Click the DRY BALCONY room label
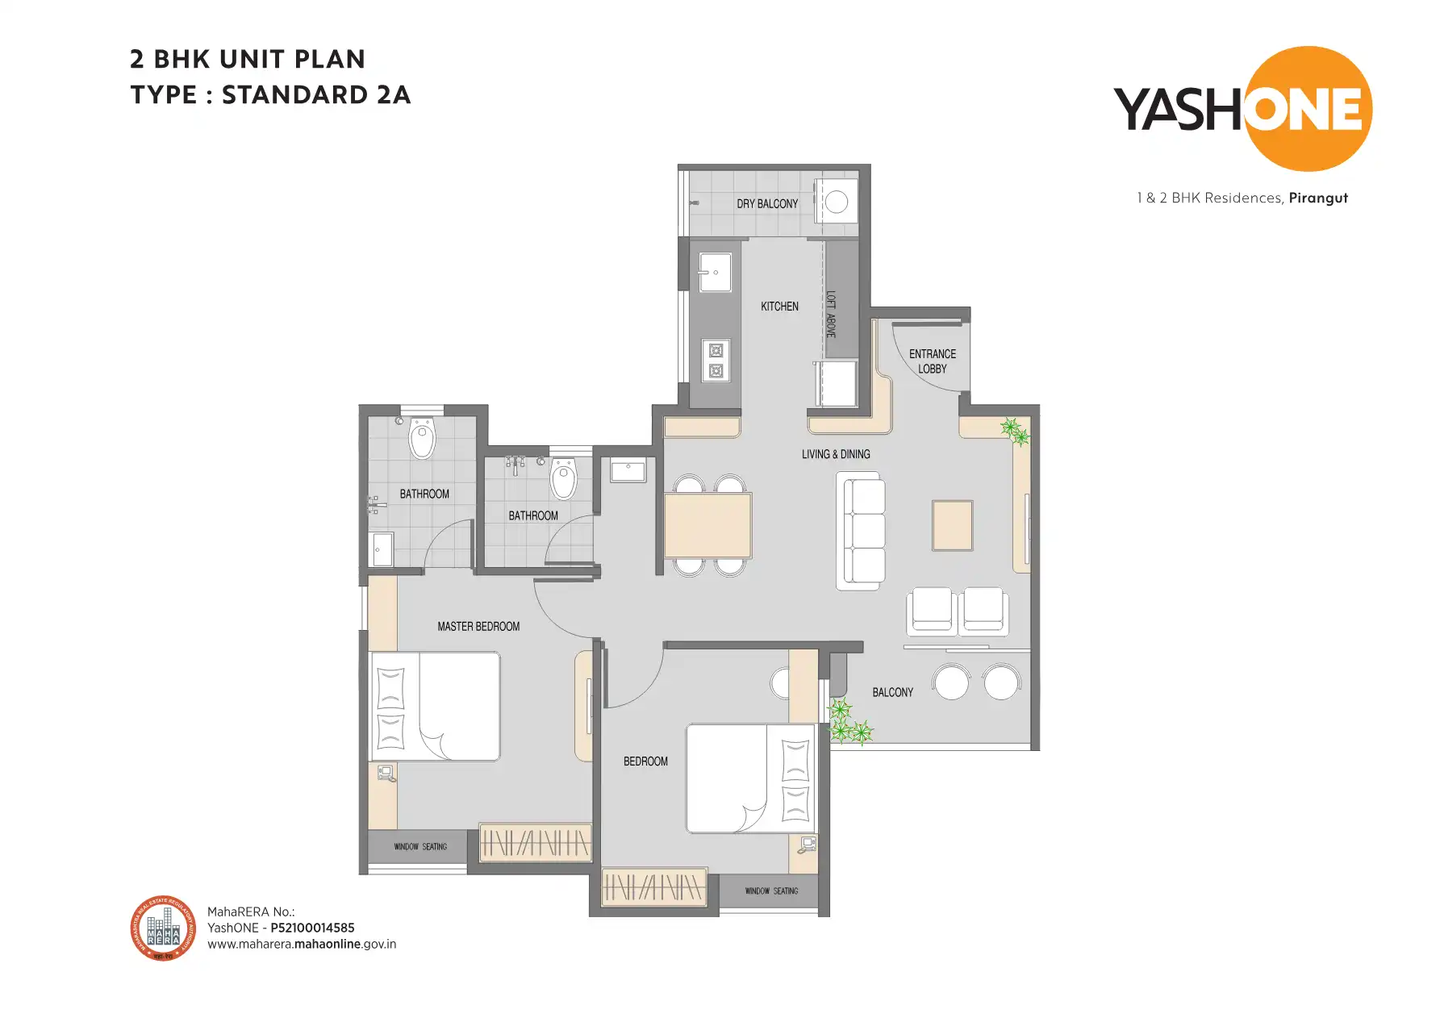coord(766,204)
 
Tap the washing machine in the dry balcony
coord(837,202)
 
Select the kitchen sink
coord(715,272)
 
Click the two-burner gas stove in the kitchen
coord(716,361)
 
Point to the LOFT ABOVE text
coord(831,314)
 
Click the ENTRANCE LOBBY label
coord(932,361)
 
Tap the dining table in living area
coord(707,526)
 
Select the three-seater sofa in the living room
coord(860,531)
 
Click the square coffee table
coord(952,525)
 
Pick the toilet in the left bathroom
coord(422,439)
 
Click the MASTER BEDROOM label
coord(478,627)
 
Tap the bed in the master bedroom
coord(436,706)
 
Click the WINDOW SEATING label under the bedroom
coord(771,891)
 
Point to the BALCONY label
coord(892,693)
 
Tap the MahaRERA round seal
coord(163,928)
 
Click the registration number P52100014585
coord(312,928)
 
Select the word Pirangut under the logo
coord(1318,198)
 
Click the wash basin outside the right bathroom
coord(628,470)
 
